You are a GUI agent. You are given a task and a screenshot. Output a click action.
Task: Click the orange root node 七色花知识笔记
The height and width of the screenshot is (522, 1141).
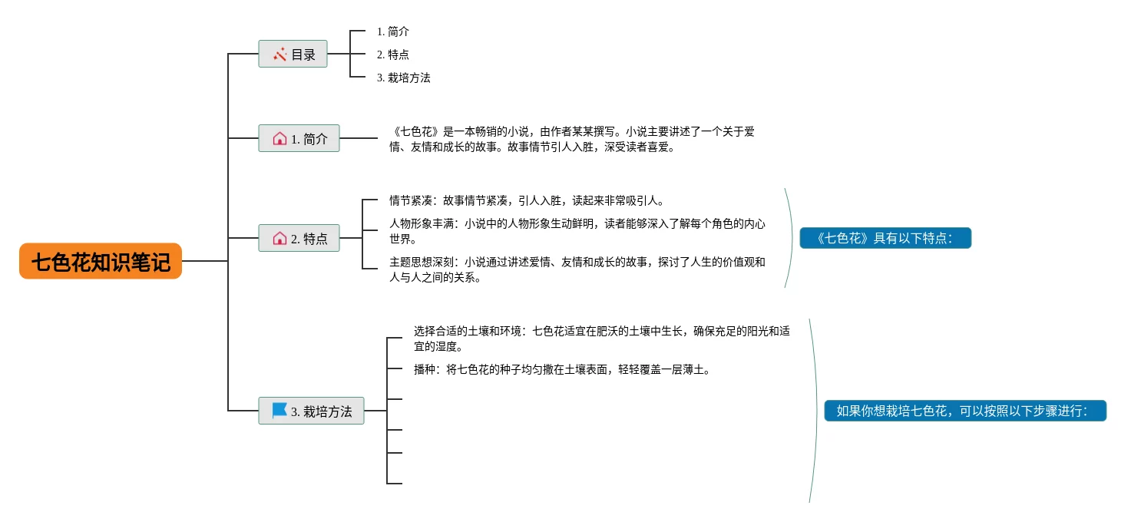pos(101,262)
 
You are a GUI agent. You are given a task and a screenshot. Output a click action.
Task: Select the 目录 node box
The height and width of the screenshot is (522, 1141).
pos(293,55)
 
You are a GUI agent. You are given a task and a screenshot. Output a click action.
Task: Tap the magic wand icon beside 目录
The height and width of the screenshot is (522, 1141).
pos(279,55)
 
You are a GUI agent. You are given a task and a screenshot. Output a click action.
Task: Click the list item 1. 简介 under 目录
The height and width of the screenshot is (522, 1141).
pos(393,31)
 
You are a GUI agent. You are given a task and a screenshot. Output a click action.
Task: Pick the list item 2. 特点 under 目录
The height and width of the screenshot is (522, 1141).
pos(393,55)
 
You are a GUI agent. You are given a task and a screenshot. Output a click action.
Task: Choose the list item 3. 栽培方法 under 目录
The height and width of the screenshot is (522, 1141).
pos(404,78)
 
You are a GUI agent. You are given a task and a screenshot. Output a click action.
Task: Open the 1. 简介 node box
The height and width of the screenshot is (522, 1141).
pos(299,139)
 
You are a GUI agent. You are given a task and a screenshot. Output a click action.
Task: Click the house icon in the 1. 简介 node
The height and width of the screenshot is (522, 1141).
pos(279,139)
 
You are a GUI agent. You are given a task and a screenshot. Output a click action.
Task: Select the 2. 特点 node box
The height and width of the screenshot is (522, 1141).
pos(299,239)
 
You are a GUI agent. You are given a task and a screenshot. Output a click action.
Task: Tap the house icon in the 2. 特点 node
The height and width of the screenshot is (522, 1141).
pos(279,239)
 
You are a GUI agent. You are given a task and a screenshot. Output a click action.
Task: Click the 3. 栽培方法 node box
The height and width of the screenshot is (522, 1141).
pos(311,411)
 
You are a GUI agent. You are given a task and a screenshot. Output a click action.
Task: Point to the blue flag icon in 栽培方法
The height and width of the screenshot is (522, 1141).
pos(279,411)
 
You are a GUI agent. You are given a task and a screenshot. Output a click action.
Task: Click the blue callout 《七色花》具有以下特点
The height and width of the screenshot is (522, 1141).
pos(885,238)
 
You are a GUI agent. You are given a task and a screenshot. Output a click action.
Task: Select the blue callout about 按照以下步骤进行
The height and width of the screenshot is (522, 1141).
pos(965,411)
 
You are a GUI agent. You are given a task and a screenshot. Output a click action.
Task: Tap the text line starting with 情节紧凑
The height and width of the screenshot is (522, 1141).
pos(526,200)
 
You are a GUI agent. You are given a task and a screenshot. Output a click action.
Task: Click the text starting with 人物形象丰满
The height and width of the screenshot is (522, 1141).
pos(577,231)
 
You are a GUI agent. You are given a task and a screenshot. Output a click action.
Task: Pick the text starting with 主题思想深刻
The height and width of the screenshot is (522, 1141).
pos(577,269)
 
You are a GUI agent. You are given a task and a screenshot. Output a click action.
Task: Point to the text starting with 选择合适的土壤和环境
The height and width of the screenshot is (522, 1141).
pos(601,339)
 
